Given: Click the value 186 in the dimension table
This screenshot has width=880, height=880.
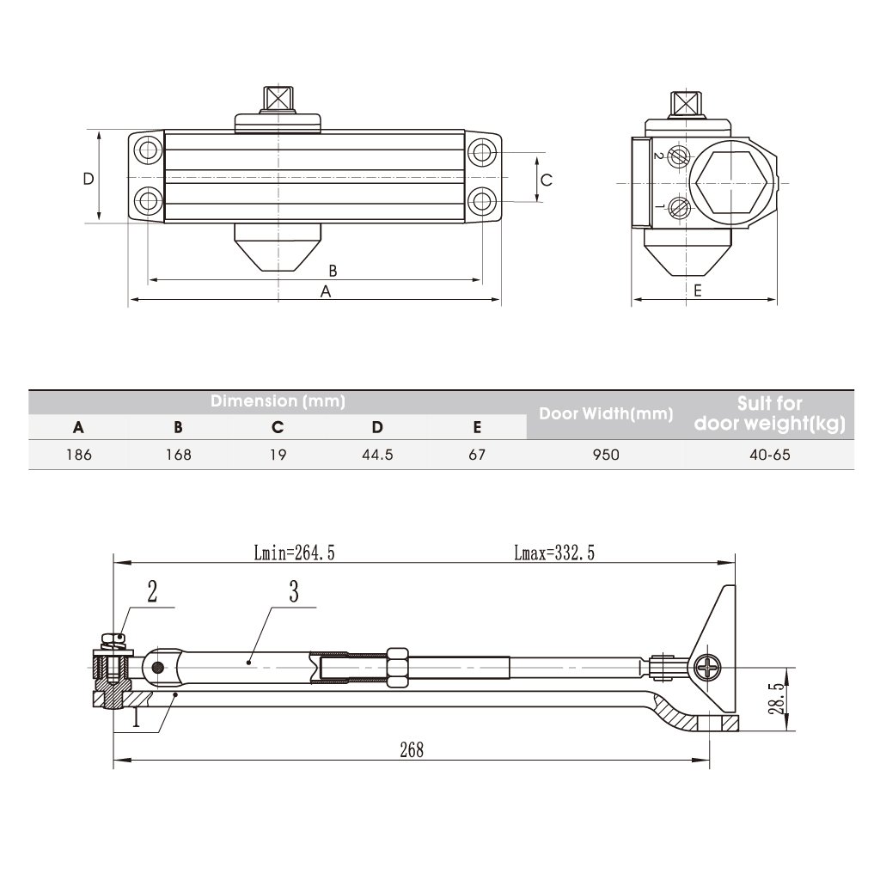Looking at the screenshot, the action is (x=78, y=455).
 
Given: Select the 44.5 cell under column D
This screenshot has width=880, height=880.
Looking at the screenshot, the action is (x=378, y=455).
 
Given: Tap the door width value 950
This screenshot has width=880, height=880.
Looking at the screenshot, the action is (x=606, y=455).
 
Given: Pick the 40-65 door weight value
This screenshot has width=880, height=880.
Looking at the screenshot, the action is (x=770, y=455).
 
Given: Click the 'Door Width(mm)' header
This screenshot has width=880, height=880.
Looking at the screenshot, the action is (x=606, y=413).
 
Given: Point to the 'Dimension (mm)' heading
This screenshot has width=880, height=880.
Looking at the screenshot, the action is (x=278, y=400).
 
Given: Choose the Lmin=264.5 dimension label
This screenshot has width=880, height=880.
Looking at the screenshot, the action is (x=294, y=553).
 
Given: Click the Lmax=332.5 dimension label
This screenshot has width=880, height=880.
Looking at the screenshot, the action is (x=554, y=553).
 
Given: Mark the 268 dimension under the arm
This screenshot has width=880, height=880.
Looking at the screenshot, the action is (x=412, y=749).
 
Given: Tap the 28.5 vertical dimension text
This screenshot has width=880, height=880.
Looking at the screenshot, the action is (x=776, y=699).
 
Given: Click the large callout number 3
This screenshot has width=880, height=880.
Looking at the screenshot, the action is (x=294, y=591).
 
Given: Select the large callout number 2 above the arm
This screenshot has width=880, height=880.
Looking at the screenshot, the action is (x=152, y=591).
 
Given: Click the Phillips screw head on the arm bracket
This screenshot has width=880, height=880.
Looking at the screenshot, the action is (x=707, y=668).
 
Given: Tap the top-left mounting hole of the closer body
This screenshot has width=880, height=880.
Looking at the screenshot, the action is (x=148, y=150).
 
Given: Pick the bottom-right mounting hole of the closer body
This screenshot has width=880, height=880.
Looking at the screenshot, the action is (x=481, y=200).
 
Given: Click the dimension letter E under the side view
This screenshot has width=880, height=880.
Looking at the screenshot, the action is (x=698, y=290).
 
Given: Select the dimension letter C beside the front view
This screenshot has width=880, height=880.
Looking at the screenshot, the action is (x=547, y=180).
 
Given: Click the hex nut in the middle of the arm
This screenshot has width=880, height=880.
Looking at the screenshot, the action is (x=397, y=667).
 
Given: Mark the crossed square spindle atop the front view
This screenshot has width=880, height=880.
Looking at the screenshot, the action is (x=278, y=99).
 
